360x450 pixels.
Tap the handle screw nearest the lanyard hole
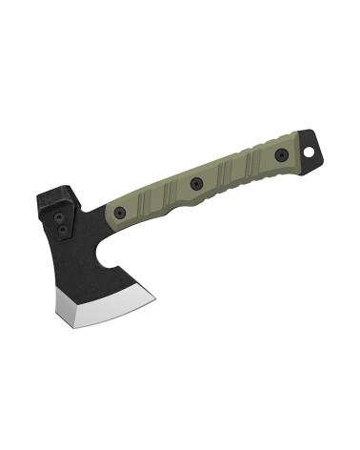coord(281,155)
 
